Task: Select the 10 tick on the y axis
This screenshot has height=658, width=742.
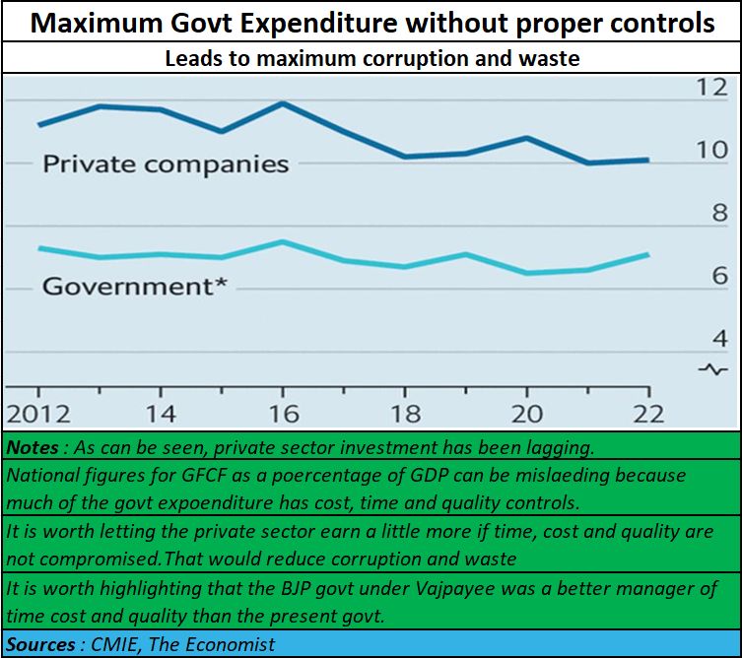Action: coord(711,151)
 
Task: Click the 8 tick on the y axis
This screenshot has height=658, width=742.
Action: coord(719,213)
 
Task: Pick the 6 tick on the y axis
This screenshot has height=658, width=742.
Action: coord(719,276)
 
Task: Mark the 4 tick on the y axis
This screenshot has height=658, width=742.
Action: coord(719,339)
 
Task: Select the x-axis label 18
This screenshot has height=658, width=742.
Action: coord(406,413)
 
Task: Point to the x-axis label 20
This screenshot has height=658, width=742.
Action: coord(527,413)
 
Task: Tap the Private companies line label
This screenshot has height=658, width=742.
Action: coord(166,164)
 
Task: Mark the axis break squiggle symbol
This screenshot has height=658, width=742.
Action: coord(712,369)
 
